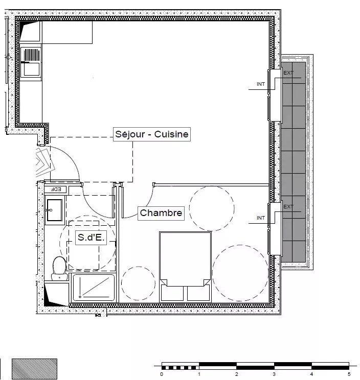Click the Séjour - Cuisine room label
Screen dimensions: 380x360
151,134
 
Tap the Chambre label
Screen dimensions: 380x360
161,213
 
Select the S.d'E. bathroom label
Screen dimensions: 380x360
91,237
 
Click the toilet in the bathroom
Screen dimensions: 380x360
60,267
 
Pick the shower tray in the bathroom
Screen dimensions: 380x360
94,288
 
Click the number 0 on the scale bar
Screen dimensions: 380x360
162,374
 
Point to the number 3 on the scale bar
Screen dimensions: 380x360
275,374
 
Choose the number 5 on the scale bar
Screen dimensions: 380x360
349,374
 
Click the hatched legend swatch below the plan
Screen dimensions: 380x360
34,369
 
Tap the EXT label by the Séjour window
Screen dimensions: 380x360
288,73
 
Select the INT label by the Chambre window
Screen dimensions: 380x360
261,218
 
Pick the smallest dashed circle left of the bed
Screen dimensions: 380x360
138,282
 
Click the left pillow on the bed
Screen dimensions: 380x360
173,292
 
